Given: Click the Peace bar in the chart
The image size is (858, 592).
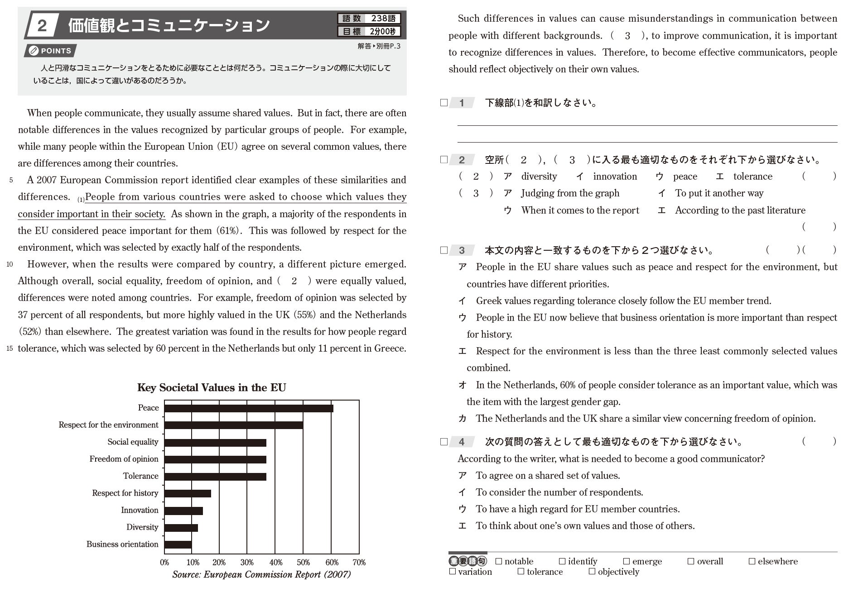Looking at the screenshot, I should coord(248,408).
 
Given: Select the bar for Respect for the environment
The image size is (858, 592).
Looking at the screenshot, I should coord(233,425).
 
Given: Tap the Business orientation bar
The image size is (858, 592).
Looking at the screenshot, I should coord(178,544).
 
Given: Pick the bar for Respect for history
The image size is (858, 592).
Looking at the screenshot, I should coord(188,493).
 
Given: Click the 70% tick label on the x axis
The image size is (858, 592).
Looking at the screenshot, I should coord(359,563).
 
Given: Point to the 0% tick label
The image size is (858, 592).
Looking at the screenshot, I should coord(164,563).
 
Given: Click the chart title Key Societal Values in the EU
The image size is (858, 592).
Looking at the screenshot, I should coord(212,387).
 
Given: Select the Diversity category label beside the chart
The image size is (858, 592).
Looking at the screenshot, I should coord(142,527).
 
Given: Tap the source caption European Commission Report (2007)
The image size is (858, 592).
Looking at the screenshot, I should coord(261,575).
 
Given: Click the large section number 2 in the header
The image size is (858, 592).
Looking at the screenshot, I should coord(42,25).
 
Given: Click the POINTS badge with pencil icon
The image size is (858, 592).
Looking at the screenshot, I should coord(50,51).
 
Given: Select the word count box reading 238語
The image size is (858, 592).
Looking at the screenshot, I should coord(369,19).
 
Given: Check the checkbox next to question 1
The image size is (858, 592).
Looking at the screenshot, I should coord(444,103).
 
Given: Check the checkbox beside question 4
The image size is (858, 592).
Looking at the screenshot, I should coord(444,442).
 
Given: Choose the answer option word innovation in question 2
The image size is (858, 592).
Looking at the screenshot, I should coord(615,177).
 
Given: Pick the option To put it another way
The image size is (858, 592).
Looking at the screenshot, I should coord(719,193).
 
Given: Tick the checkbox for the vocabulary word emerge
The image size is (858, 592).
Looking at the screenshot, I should coord(627,561).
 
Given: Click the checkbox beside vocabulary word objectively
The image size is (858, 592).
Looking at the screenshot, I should coord(592,572).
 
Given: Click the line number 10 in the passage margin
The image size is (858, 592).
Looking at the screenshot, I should coord(10,264).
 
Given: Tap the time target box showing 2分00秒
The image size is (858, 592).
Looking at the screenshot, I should coord(369,32).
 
